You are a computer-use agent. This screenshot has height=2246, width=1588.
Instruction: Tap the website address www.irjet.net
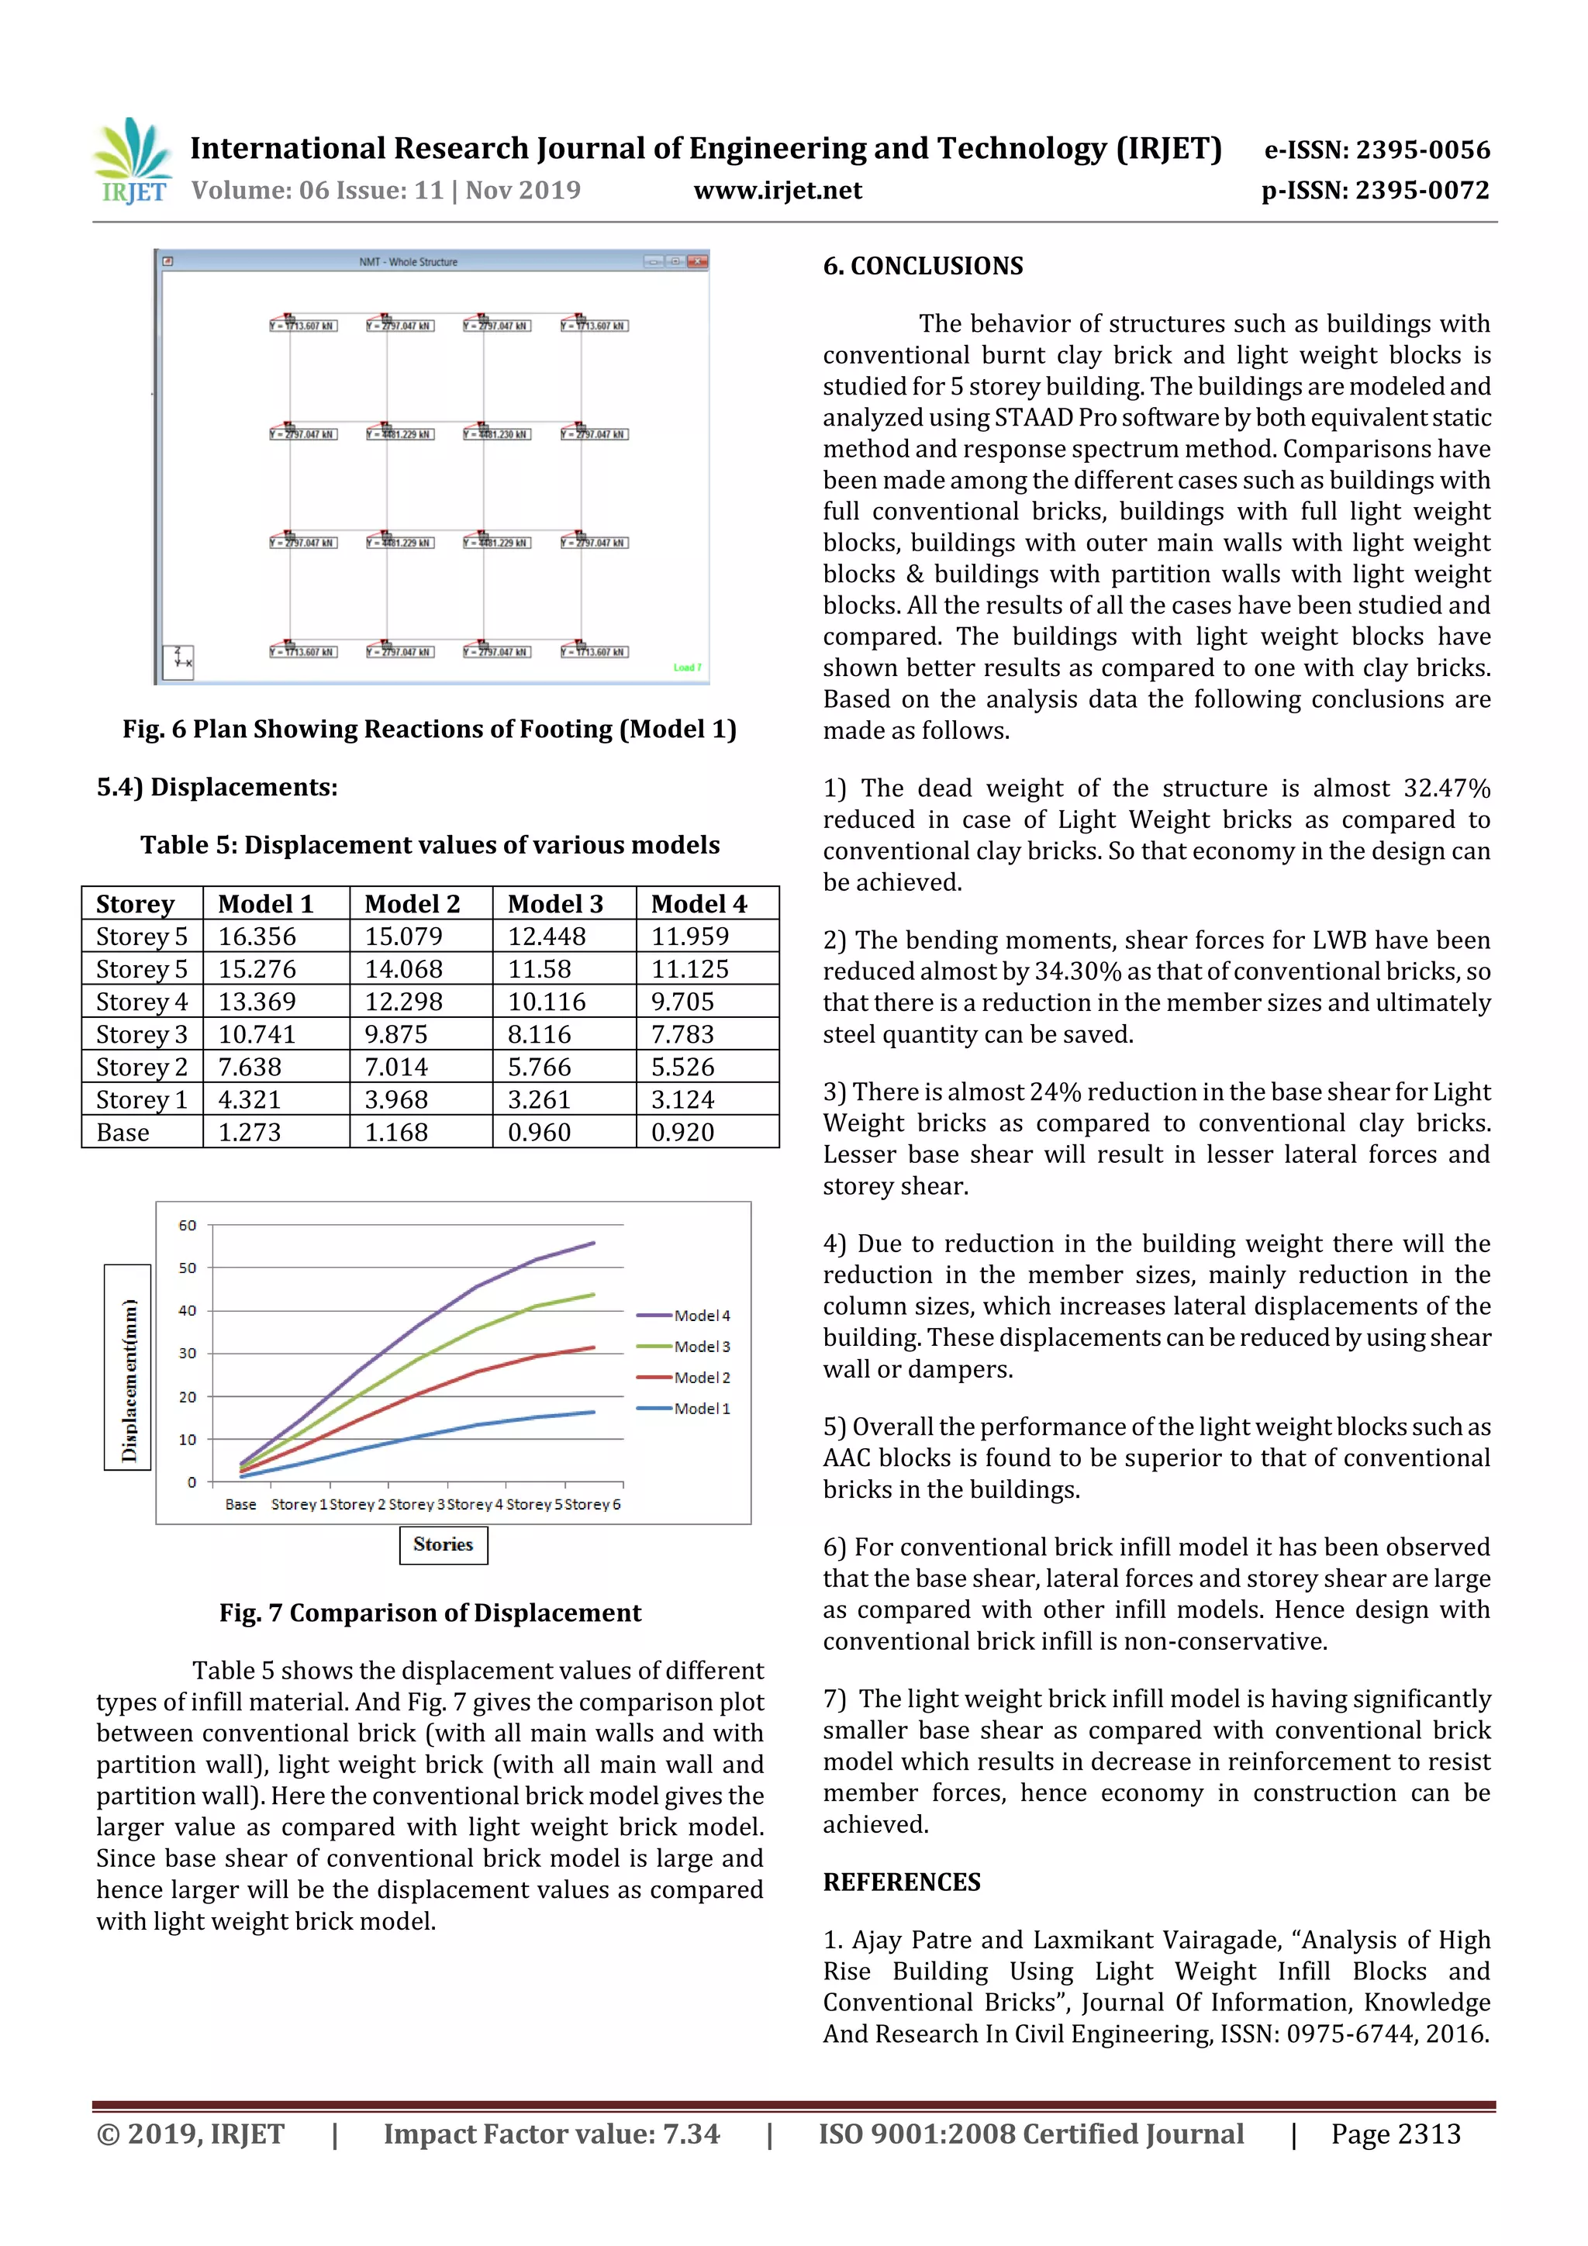point(777,190)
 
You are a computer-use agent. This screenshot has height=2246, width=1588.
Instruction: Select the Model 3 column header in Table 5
point(554,904)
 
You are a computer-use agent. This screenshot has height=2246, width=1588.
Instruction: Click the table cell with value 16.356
point(257,937)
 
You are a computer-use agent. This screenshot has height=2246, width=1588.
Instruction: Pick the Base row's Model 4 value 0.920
point(683,1133)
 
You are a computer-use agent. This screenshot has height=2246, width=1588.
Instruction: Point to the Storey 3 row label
point(141,1035)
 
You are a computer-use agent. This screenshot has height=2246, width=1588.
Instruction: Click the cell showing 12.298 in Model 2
point(403,1002)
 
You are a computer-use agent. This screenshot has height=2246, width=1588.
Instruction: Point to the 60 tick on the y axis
point(187,1225)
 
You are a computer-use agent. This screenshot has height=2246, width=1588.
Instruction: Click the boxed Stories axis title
point(444,1544)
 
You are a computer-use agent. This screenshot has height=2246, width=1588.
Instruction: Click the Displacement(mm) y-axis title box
point(128,1367)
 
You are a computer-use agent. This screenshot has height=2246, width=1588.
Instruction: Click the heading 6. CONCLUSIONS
point(923,266)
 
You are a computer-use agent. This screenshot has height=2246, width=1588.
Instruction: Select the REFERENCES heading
point(901,1882)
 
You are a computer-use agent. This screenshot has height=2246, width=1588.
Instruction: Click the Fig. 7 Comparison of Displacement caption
point(430,1613)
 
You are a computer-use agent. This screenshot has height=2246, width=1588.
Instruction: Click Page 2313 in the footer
point(1394,2134)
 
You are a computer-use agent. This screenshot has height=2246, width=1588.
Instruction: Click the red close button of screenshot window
point(696,262)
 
